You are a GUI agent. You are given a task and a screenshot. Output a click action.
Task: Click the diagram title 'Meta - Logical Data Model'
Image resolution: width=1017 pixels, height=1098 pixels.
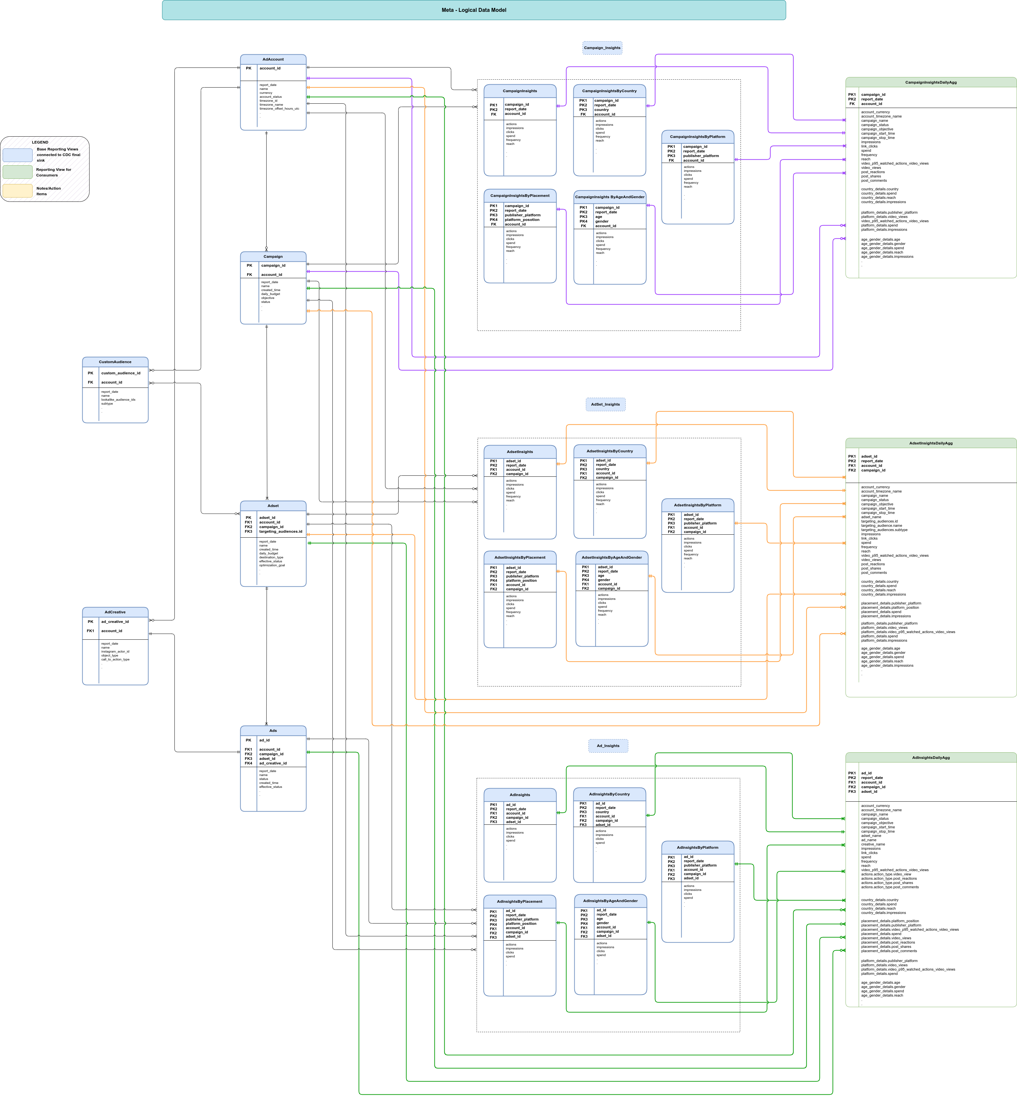click(x=474, y=10)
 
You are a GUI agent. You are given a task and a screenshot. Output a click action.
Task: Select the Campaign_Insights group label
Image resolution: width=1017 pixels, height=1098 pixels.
click(x=602, y=48)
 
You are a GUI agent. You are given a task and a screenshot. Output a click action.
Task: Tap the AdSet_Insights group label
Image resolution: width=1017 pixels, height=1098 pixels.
click(x=605, y=405)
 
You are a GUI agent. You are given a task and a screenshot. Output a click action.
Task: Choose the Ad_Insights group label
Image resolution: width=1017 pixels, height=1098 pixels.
click(x=608, y=746)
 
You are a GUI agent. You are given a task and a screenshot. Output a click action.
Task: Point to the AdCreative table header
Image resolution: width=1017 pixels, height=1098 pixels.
click(x=115, y=612)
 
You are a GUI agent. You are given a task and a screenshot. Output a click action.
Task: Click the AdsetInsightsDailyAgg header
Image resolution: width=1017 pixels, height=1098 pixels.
click(x=930, y=443)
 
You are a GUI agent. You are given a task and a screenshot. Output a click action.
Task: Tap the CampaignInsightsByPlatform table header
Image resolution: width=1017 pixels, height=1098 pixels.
click(x=697, y=137)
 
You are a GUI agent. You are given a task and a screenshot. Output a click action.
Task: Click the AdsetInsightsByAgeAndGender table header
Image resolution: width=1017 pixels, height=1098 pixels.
click(x=612, y=557)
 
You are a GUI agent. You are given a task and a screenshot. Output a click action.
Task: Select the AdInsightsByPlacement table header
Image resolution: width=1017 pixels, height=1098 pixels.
click(x=519, y=901)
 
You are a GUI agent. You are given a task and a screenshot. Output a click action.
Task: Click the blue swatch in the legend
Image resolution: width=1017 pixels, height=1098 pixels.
click(x=18, y=155)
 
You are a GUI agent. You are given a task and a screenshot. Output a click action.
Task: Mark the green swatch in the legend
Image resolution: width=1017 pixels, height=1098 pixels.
click(x=18, y=172)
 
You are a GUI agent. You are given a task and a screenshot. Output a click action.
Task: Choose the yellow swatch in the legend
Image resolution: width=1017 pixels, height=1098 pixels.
click(x=18, y=190)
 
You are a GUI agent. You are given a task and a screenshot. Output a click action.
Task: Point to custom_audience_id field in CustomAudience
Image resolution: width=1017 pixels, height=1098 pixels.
click(x=120, y=373)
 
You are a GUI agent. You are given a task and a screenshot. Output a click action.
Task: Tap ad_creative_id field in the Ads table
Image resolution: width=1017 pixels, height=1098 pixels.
click(x=273, y=763)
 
